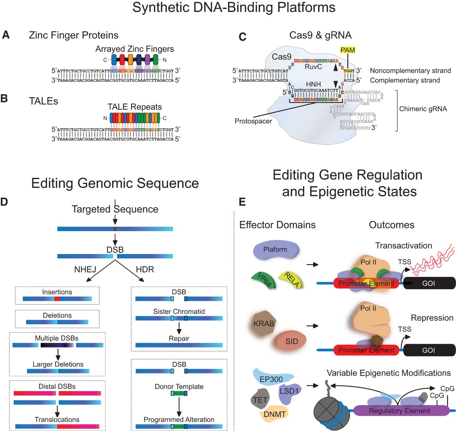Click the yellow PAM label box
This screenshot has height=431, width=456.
348,50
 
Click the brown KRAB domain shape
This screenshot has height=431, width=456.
264,324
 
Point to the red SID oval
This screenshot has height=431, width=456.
291,341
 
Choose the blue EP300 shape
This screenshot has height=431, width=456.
271,378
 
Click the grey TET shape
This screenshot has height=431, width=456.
260,400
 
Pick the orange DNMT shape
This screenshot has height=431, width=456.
275,414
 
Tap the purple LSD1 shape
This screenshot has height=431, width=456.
289,392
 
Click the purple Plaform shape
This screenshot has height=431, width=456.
275,249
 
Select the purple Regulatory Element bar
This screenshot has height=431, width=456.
399,411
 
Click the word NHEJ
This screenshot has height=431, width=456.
85,269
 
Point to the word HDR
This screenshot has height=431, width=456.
145,269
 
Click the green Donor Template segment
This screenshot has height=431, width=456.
179,393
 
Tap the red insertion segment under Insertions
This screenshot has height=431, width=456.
57,299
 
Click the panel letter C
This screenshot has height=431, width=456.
242,37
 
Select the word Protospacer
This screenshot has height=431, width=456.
253,121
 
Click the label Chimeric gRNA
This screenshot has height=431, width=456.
423,109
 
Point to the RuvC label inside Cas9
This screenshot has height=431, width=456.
313,67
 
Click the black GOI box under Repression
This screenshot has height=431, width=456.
429,350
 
